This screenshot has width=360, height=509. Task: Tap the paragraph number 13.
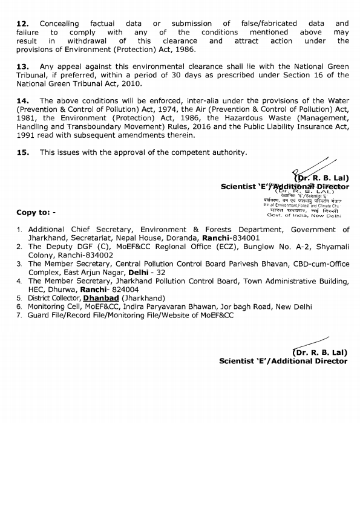click(22, 66)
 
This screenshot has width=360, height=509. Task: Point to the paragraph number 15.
click(22, 152)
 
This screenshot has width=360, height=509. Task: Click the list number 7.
click(20, 316)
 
